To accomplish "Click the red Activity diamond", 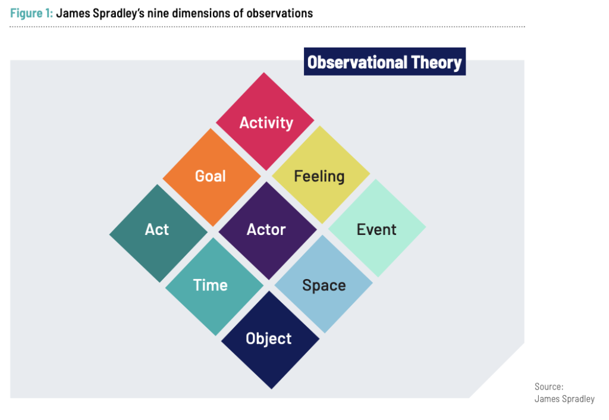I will [265, 122].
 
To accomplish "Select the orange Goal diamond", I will [211, 176].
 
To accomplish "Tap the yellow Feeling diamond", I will [320, 176].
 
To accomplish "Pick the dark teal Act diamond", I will [158, 230].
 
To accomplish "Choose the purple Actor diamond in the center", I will [266, 230].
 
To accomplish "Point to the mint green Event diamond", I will [376, 230].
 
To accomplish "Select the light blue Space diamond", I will [324, 285].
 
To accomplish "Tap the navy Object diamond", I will [269, 338].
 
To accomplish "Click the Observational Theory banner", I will [384, 62].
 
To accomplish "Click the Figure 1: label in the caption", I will [31, 12].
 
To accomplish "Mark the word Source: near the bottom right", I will [549, 387].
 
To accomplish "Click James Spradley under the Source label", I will [564, 399].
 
